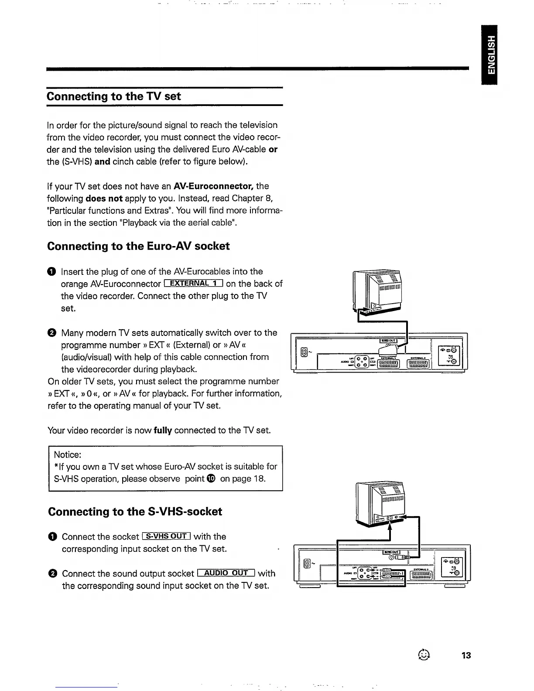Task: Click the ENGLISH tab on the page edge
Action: pyautogui.click(x=491, y=55)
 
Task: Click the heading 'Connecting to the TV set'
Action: pyautogui.click(x=114, y=96)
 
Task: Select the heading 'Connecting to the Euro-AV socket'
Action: pyautogui.click(x=138, y=246)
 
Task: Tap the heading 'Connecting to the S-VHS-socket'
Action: pyautogui.click(x=135, y=511)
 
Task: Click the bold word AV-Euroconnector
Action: pyautogui.click(x=213, y=186)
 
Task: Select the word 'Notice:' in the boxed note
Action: pyautogui.click(x=68, y=455)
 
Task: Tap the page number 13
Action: pyautogui.click(x=466, y=655)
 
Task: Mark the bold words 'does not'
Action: pyautogui.click(x=104, y=198)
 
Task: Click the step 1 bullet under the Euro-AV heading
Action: pyautogui.click(x=51, y=272)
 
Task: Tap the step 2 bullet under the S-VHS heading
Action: pyautogui.click(x=52, y=574)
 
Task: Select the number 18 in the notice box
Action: pyautogui.click(x=259, y=479)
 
